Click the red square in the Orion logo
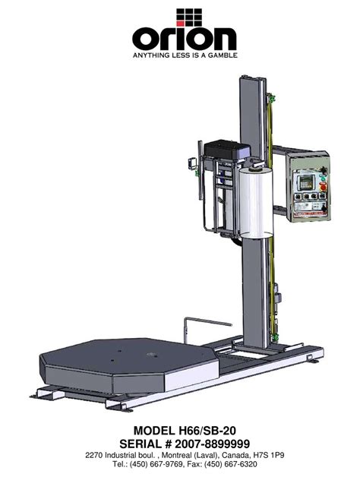[x=180, y=23]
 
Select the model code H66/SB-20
[x=206, y=431]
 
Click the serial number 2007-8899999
[x=213, y=444]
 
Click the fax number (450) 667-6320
[x=231, y=464]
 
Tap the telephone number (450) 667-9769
[x=156, y=464]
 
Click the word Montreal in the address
[x=175, y=456]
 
